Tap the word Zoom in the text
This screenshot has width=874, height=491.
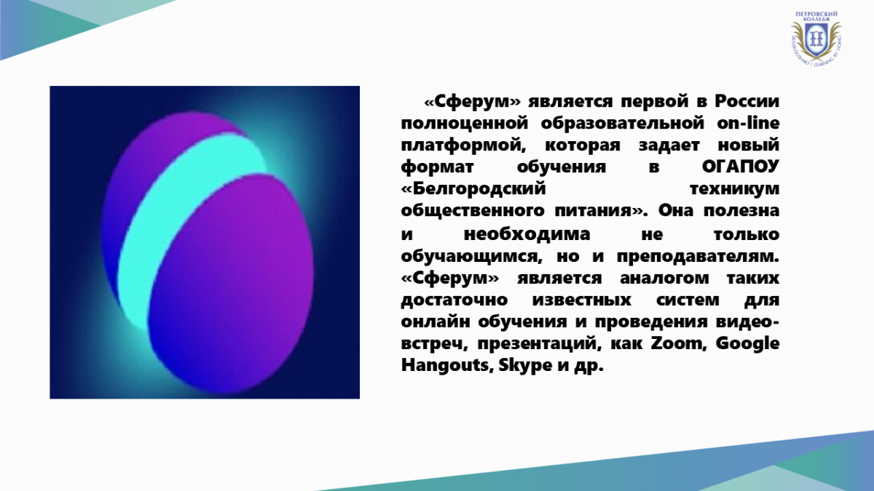[679, 343]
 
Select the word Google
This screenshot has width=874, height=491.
[747, 344]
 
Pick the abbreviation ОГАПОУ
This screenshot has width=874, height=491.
[741, 167]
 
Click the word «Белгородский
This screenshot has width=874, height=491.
[473, 189]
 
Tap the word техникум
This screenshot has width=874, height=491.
[734, 189]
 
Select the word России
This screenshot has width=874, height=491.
[747, 102]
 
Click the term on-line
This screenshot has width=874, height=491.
[749, 123]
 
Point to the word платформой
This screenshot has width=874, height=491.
[463, 145]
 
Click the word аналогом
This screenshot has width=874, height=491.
[664, 279]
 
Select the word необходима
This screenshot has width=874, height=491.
[527, 234]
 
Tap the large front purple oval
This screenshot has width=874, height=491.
[231, 284]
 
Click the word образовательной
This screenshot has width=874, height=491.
[623, 124]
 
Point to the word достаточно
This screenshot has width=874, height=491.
[454, 300]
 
